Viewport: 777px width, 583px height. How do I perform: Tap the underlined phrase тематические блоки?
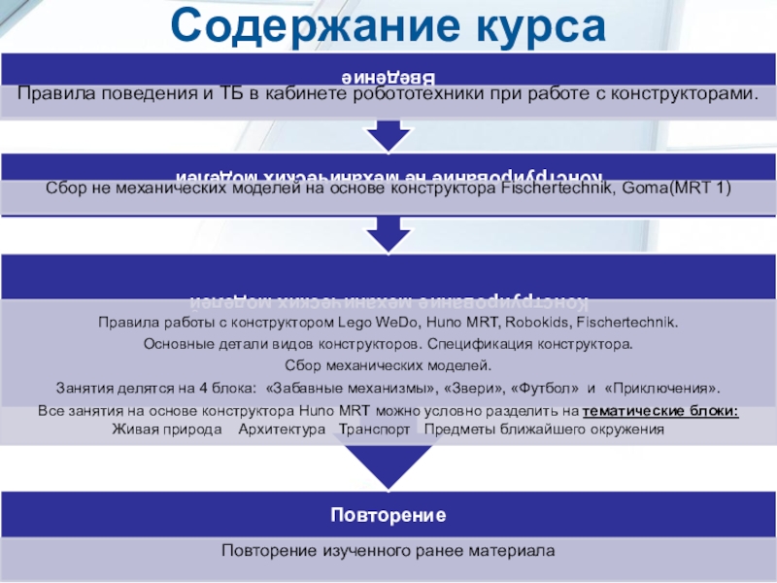(x=666, y=411)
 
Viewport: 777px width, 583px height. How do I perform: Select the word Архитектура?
(x=282, y=429)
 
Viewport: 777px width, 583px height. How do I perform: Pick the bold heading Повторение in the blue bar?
(x=388, y=513)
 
